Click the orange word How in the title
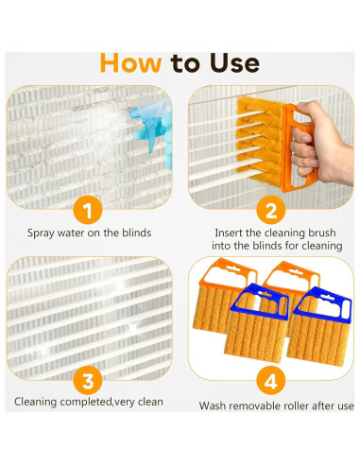(130, 62)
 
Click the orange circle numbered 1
(88, 210)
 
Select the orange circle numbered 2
(271, 210)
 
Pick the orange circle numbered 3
(88, 380)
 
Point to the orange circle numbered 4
(271, 381)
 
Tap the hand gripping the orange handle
(319, 144)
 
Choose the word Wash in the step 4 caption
(213, 405)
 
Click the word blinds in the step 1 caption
(137, 232)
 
